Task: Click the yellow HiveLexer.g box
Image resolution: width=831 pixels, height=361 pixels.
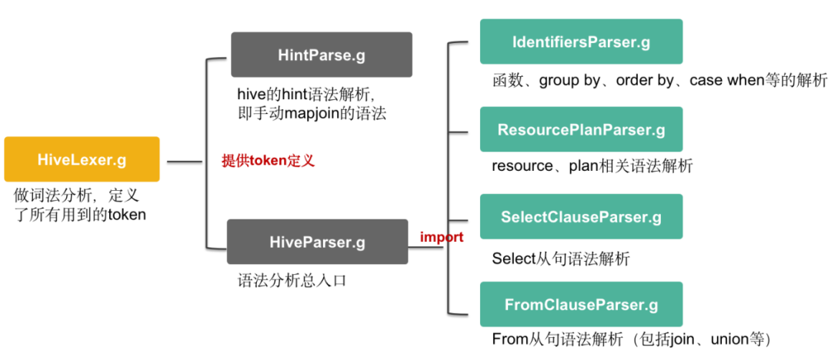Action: (82, 159)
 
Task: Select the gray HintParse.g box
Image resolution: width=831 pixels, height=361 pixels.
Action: (322, 55)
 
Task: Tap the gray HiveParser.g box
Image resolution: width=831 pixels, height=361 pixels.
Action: (317, 242)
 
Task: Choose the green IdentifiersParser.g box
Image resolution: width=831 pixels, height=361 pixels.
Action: (581, 42)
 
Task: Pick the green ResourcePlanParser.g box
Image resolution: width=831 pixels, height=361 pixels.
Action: (581, 129)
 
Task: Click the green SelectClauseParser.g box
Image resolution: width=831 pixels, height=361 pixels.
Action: (581, 217)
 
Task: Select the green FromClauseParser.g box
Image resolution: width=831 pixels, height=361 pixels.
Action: (581, 305)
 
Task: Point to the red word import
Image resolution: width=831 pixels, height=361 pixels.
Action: (442, 237)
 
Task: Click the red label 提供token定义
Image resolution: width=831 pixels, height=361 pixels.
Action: (269, 162)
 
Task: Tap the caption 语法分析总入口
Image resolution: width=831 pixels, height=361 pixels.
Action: (292, 280)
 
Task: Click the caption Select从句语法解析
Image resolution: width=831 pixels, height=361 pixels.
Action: (560, 259)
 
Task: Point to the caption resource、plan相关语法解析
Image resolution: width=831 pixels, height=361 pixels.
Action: (592, 165)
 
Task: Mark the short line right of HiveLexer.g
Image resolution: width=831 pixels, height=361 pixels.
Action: (183, 162)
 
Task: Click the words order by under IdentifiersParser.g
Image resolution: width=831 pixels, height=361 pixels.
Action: (644, 80)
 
